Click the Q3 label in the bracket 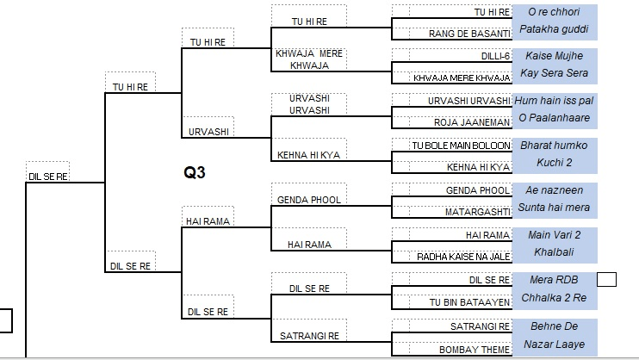(x=195, y=172)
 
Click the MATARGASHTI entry (x=477, y=212)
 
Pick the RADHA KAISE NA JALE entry (x=463, y=257)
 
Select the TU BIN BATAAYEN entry (x=469, y=301)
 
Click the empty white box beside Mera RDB (x=606, y=279)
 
